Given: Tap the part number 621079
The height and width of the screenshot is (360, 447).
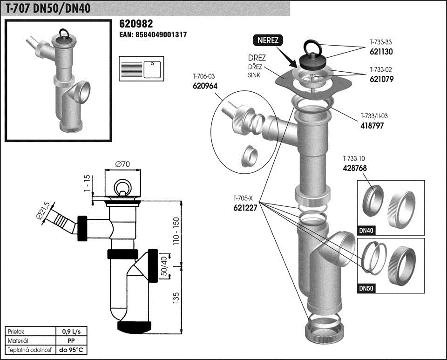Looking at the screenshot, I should point(382,79).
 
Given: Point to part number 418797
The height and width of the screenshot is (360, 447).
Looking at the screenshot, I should point(372,125).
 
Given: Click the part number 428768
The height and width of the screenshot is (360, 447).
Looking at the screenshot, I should point(355,168).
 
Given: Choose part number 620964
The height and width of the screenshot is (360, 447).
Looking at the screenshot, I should point(205,86).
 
